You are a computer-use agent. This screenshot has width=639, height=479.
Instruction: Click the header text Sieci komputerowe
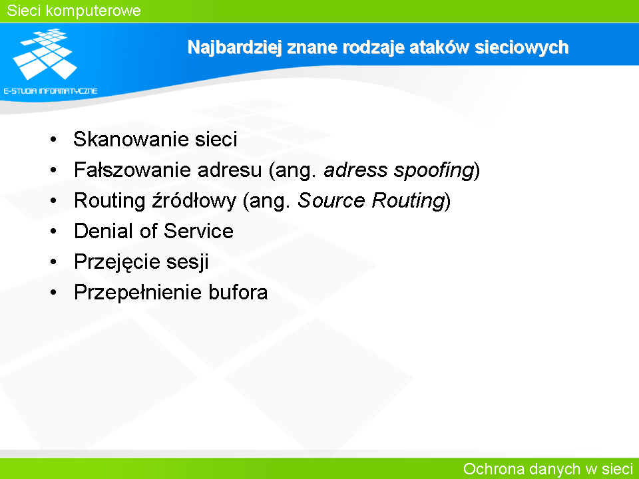pyautogui.click(x=74, y=11)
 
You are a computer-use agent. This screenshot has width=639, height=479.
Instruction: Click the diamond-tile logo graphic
pyautogui.click(x=45, y=54)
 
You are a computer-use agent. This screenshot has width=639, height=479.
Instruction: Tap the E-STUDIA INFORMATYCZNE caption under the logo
pyautogui.click(x=51, y=91)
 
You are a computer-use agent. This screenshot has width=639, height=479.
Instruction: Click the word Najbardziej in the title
pyautogui.click(x=235, y=48)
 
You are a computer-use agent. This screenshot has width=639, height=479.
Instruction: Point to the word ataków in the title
pyautogui.click(x=439, y=47)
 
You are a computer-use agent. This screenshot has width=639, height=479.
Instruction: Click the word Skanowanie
pyautogui.click(x=131, y=139)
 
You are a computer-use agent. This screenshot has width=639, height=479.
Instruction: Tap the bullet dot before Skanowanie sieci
pyautogui.click(x=53, y=139)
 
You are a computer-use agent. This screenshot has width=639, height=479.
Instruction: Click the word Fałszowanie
pyautogui.click(x=132, y=170)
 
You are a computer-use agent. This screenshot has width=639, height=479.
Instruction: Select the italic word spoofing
pyautogui.click(x=435, y=170)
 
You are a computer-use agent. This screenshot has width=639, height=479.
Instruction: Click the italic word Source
pyautogui.click(x=331, y=200)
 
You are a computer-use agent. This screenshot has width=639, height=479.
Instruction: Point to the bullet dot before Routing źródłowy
pyautogui.click(x=53, y=200)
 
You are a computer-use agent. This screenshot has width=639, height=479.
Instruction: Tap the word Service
pyautogui.click(x=198, y=231)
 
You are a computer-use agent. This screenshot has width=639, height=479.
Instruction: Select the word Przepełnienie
pyautogui.click(x=138, y=293)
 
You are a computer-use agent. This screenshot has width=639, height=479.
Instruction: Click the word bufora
pyautogui.click(x=238, y=292)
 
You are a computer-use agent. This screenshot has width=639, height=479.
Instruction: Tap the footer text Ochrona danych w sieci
pyautogui.click(x=548, y=469)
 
